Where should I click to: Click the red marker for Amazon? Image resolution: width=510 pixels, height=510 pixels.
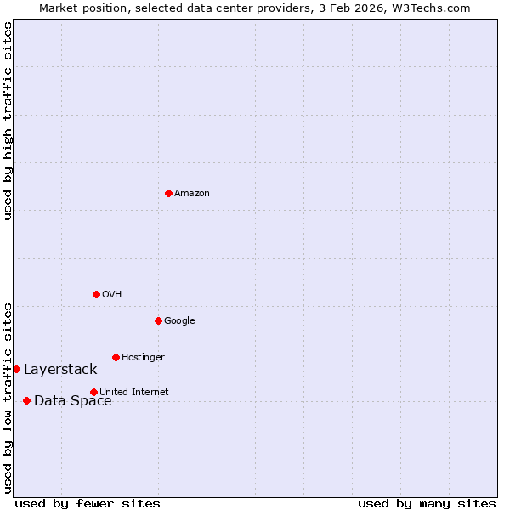tap(168, 194)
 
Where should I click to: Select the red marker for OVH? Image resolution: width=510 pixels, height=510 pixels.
tap(96, 295)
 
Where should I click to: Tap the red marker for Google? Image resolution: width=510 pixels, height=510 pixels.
tap(158, 321)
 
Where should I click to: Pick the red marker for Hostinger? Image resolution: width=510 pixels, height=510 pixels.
tap(116, 358)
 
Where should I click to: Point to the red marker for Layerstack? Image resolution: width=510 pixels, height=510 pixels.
tap(16, 370)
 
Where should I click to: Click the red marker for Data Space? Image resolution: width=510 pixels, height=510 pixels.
tap(26, 401)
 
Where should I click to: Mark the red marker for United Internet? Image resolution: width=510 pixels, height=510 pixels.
tap(93, 393)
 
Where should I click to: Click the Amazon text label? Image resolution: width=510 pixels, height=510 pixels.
tap(192, 194)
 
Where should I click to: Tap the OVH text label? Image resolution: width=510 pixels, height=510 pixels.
tap(112, 295)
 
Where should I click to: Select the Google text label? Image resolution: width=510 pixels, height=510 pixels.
tap(179, 321)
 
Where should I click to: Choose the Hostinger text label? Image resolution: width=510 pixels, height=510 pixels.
tap(143, 358)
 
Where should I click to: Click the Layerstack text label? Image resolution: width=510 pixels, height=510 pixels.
tap(60, 370)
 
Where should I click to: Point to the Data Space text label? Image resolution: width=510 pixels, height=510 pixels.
tap(72, 401)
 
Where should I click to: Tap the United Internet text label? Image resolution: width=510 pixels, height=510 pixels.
tap(134, 392)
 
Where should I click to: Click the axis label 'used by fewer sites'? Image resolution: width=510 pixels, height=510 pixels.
tap(88, 504)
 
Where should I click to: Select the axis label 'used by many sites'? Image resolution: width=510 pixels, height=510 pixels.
tap(427, 504)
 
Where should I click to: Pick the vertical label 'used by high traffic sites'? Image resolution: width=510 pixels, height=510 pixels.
tap(8, 121)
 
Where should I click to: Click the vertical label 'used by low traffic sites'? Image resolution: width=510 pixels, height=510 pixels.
tap(8, 398)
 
